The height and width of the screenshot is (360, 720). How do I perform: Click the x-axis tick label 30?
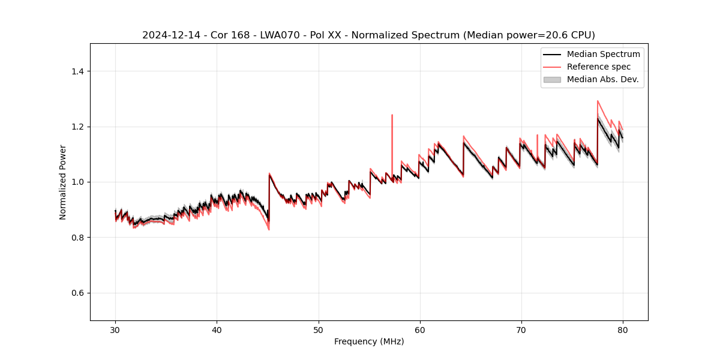click(x=115, y=329)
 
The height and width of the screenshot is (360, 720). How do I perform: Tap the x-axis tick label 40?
click(x=217, y=329)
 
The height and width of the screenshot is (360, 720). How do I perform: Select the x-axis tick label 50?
click(x=318, y=329)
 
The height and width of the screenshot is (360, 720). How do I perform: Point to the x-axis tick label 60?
click(x=420, y=329)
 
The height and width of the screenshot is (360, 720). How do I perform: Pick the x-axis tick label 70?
click(x=521, y=329)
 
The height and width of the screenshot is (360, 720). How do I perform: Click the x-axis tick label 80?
click(x=623, y=329)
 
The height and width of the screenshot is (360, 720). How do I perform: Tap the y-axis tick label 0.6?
click(x=77, y=293)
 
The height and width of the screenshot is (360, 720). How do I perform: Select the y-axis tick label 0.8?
click(x=77, y=238)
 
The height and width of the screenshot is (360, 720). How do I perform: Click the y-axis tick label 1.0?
click(x=77, y=182)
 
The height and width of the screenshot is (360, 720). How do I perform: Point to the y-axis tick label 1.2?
click(x=77, y=127)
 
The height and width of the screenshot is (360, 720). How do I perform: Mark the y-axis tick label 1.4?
click(x=77, y=71)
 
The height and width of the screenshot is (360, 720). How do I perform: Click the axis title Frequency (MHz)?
click(x=369, y=341)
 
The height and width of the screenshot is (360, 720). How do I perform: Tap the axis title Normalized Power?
click(x=63, y=182)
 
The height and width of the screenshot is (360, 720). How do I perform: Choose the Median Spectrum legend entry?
click(x=603, y=54)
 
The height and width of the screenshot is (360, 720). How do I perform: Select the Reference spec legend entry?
click(x=598, y=67)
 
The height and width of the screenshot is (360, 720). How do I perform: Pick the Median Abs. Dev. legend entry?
click(x=602, y=79)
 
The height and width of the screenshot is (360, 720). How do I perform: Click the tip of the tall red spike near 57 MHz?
click(x=392, y=115)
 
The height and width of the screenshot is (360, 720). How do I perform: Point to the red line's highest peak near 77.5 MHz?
click(x=598, y=101)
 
